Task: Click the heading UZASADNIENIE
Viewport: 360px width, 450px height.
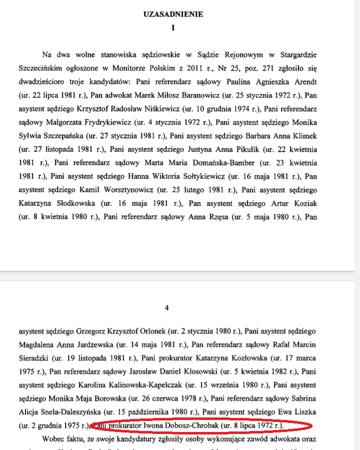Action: click(x=173, y=15)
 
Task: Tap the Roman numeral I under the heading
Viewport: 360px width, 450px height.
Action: click(x=173, y=28)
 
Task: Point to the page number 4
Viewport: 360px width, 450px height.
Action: click(x=166, y=308)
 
